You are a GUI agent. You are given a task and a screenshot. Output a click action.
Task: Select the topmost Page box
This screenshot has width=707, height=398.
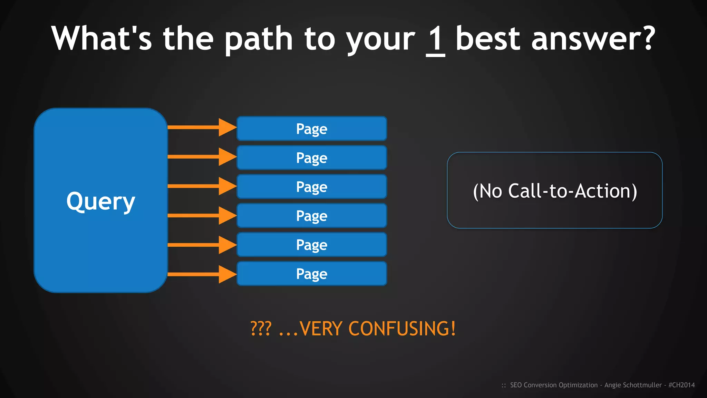coord(312,129)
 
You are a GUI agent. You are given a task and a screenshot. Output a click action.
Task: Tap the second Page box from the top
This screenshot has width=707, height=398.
coord(312,158)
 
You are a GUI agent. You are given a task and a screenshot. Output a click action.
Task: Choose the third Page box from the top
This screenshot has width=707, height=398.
coord(312,187)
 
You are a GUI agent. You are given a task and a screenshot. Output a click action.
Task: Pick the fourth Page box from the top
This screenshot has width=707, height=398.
coord(312,216)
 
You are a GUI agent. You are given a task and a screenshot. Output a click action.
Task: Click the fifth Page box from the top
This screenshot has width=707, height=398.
coord(312,245)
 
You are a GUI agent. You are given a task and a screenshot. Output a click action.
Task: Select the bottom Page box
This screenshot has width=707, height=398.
coord(312,274)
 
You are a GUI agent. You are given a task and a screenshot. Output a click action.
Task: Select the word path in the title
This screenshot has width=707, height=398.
coord(259,39)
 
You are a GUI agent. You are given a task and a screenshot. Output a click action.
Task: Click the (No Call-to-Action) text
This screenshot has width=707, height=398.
coord(555,191)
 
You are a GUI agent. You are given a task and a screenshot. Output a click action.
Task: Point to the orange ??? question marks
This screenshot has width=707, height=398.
coord(261,328)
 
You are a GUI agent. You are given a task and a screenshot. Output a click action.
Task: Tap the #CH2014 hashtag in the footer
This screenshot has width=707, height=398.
coord(681,385)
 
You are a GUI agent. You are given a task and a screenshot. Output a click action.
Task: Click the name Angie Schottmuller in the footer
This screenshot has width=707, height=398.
coord(633,385)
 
